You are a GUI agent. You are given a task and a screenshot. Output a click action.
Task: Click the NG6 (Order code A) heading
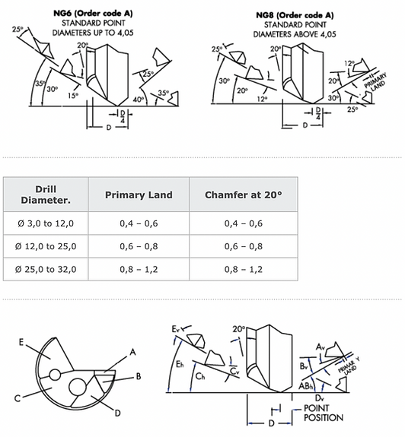coord(93,14)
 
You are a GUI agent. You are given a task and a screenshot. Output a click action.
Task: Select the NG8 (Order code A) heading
coord(295,15)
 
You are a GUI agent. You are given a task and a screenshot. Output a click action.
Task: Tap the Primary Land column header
coord(139,195)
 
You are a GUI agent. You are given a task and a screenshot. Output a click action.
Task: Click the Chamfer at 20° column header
coord(244,195)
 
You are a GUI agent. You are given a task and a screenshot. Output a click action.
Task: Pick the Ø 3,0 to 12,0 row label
coord(46,223)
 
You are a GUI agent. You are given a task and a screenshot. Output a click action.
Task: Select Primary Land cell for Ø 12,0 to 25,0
coord(139,246)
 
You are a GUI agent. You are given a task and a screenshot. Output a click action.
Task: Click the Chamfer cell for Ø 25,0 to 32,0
coord(244,269)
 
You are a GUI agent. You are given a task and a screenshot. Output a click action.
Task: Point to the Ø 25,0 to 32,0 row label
coord(46,269)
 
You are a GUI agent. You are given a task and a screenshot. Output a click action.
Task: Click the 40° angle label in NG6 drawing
coord(139,99)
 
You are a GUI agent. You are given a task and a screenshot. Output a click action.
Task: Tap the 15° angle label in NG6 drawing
coord(73,96)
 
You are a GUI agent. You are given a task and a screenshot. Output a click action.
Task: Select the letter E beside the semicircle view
coord(21,342)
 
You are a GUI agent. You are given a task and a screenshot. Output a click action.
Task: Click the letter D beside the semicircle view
coord(118,413)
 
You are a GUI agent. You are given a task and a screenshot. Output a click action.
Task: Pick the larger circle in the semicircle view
coord(78,387)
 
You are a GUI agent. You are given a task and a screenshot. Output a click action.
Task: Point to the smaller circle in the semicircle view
coord(55,375)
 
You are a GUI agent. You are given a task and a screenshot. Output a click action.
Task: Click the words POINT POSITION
coord(324,413)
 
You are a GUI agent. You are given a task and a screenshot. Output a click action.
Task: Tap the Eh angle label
coord(180,364)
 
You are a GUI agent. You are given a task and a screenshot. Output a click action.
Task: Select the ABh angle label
coord(305,386)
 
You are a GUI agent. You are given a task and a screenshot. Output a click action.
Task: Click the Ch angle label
coord(200,376)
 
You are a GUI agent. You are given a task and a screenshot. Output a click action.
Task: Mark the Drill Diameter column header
coord(46,195)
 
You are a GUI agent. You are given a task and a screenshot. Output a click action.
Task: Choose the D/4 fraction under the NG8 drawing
coord(318,113)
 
